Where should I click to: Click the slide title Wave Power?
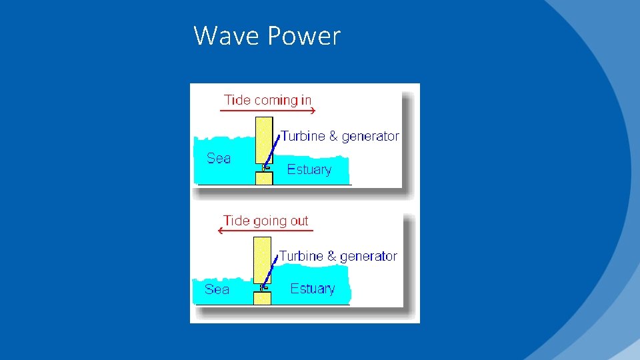coord(267,35)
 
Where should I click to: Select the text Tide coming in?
coord(267,100)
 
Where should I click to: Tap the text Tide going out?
coord(266,221)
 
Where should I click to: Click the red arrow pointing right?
coord(267,111)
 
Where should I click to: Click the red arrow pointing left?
coord(266,231)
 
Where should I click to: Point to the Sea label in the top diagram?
coord(219,158)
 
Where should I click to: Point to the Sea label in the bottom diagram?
coord(217,289)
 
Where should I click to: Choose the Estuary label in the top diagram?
coord(309,169)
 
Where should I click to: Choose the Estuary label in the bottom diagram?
coord(312,289)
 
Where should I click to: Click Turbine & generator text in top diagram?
coord(339,136)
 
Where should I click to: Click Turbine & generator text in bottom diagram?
coord(337,256)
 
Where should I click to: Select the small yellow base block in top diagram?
coord(264,178)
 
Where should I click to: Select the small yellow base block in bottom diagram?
coord(263,298)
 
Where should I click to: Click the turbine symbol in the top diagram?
coord(265,168)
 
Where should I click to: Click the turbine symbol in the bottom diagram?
coord(263,288)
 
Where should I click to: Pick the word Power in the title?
coord(303,35)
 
